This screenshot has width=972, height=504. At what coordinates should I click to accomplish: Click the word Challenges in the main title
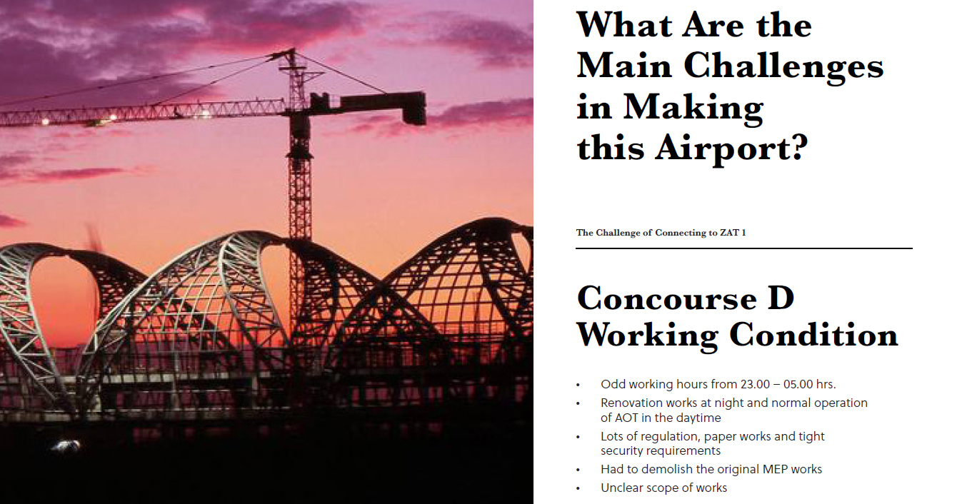(783, 68)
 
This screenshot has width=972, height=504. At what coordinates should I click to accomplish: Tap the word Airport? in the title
(731, 149)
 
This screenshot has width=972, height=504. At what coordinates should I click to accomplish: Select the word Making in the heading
(693, 109)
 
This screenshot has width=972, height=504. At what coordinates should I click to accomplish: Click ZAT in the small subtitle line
(729, 233)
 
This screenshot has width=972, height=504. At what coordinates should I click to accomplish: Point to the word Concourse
(667, 298)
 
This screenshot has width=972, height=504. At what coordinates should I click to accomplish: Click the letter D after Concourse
(781, 298)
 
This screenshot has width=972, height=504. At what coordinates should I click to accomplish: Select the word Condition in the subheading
(813, 336)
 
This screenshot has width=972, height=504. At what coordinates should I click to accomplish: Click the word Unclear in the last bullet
(621, 488)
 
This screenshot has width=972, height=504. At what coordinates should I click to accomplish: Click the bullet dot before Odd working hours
(578, 385)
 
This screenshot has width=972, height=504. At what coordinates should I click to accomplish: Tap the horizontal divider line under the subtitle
(743, 248)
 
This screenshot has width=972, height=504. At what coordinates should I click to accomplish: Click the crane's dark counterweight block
(414, 109)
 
